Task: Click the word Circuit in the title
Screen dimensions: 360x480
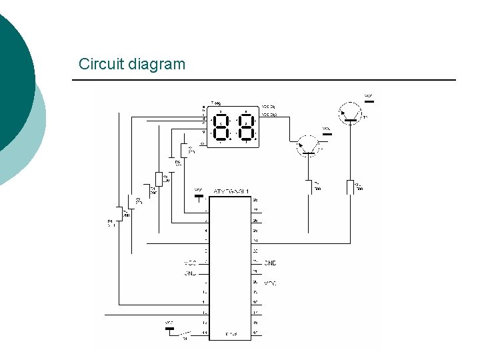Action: click(99, 65)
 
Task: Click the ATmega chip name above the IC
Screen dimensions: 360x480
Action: click(230, 191)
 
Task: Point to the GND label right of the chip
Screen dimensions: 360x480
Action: click(270, 263)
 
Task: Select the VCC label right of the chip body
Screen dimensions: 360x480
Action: click(270, 283)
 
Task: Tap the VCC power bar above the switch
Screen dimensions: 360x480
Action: click(169, 328)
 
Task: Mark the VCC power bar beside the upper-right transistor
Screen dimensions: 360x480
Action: click(369, 101)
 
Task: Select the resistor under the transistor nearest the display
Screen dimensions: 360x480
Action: click(308, 187)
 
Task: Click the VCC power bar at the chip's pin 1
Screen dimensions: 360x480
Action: click(198, 197)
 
